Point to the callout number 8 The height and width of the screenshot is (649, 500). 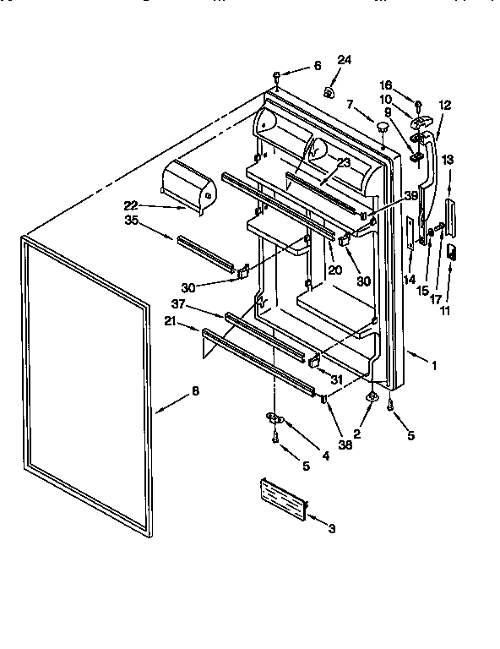click(x=196, y=390)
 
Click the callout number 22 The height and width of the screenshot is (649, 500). click(x=130, y=205)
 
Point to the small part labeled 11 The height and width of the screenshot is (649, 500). click(x=452, y=251)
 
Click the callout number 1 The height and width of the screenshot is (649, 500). click(x=434, y=368)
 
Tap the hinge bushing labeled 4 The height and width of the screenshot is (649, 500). click(x=274, y=417)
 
